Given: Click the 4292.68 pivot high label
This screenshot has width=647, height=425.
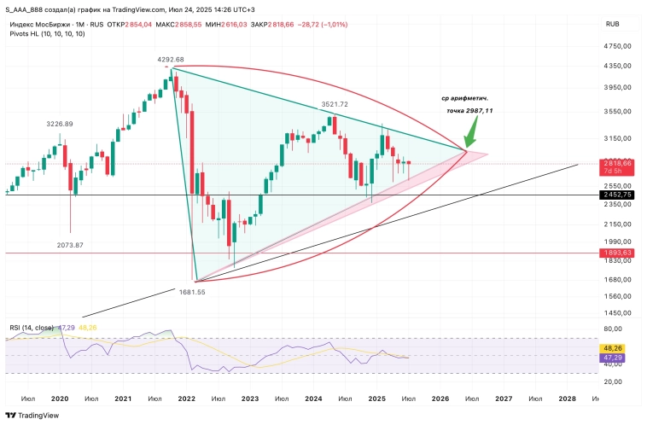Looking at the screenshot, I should click(x=171, y=59).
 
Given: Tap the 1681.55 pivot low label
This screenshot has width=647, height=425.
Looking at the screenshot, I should click(x=191, y=291).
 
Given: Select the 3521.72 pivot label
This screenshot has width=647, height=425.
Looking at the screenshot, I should click(x=335, y=104).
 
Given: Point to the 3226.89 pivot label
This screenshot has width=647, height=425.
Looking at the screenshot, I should click(x=60, y=124).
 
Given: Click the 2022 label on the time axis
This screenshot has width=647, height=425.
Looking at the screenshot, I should click(x=186, y=399).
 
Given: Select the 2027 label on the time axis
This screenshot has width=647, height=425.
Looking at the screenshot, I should click(x=504, y=399).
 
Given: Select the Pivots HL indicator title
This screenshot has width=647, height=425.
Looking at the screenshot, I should click(x=46, y=33).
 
